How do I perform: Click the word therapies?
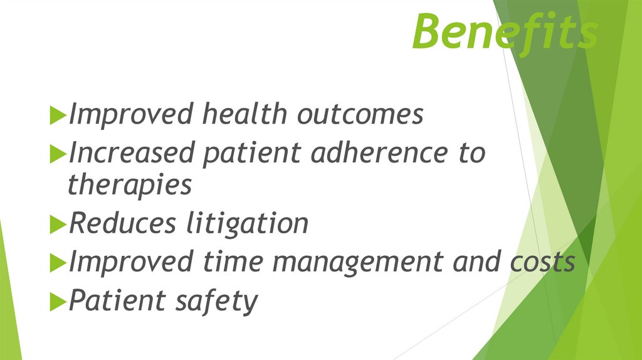click(129, 186)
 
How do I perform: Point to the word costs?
click(541, 262)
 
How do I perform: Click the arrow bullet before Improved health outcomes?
click(58, 115)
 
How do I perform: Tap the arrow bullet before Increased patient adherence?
click(58, 154)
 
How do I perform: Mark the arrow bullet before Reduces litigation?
click(58, 225)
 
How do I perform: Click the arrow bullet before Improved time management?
click(58, 263)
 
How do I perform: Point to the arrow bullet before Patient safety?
click(58, 301)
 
